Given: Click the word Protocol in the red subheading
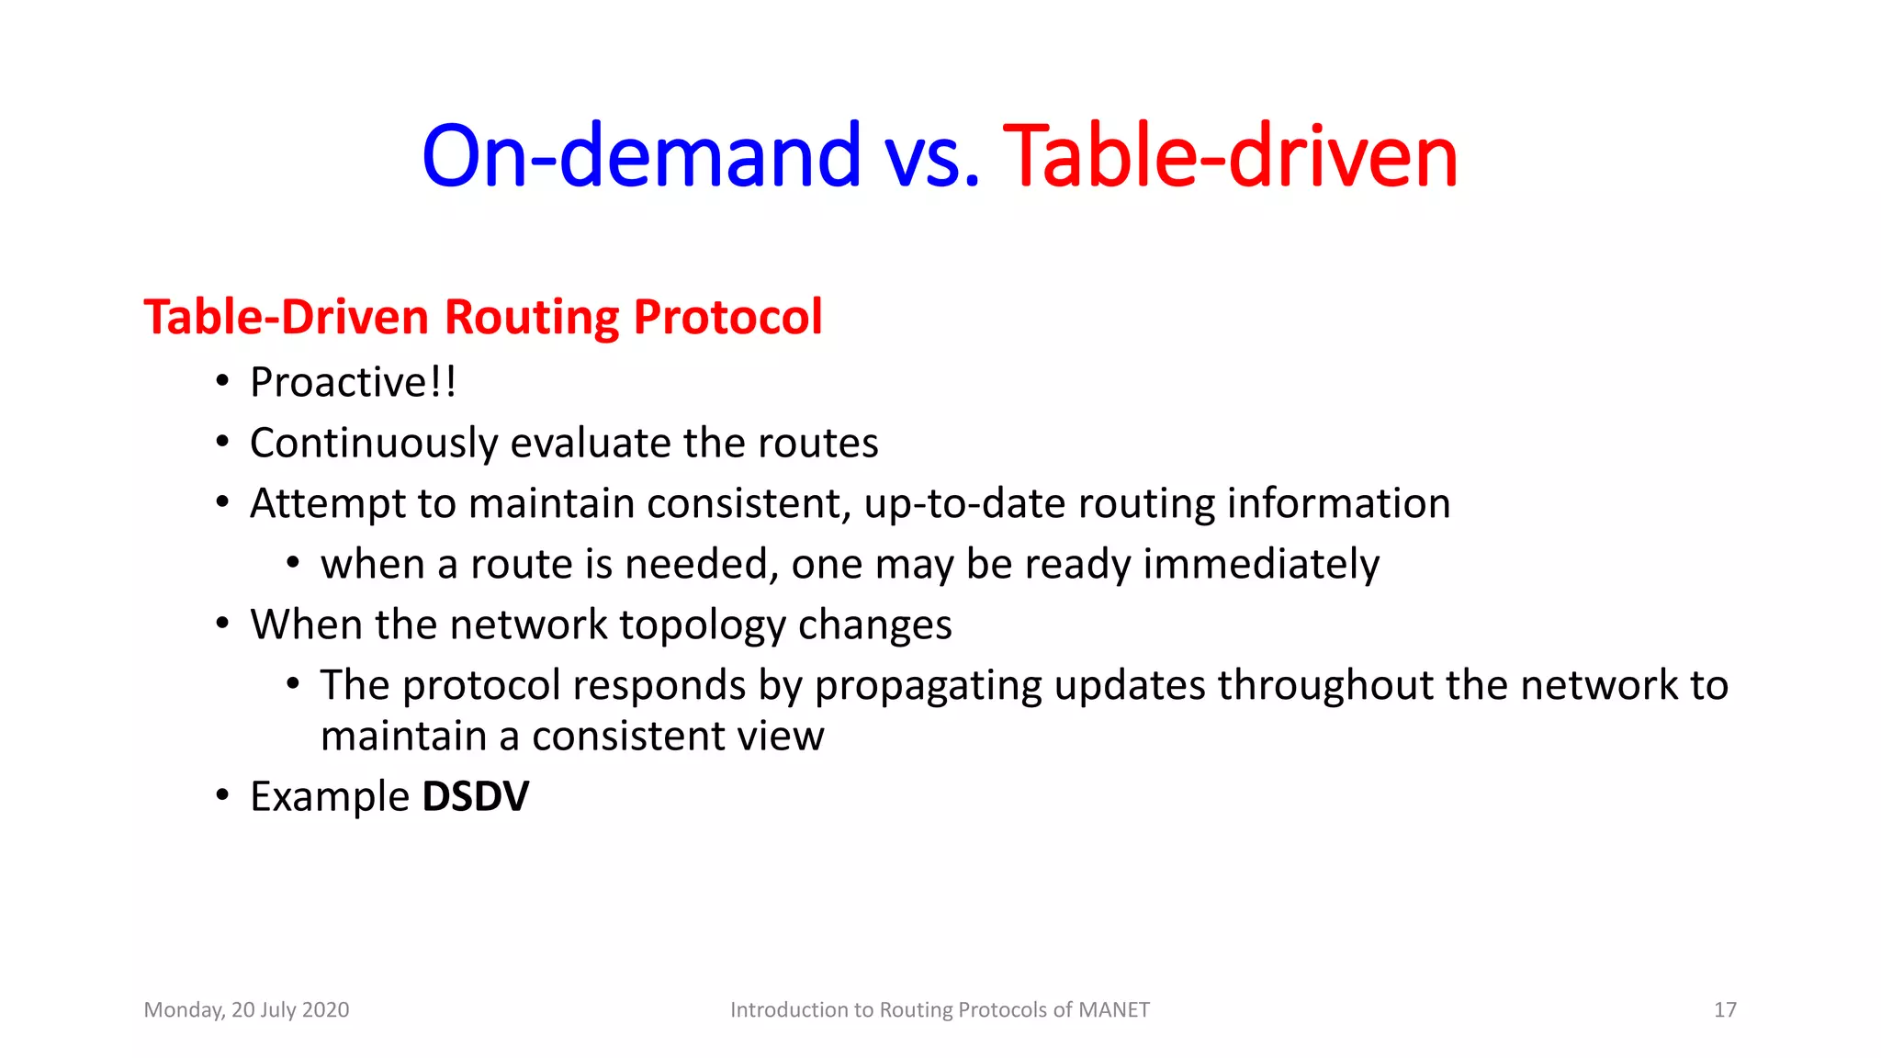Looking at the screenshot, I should coord(727,317).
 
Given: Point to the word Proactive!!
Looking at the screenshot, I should coord(353,382).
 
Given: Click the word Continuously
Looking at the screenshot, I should coord(374,443).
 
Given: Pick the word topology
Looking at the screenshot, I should coord(702,625).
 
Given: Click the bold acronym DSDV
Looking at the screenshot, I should coord(475,796).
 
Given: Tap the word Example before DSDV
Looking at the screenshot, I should coord(330,796).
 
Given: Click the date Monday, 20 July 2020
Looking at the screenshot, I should coord(246,1009).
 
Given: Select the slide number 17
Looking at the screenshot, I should coord(1724,1009).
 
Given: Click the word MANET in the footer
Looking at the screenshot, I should coord(1113,1009).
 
